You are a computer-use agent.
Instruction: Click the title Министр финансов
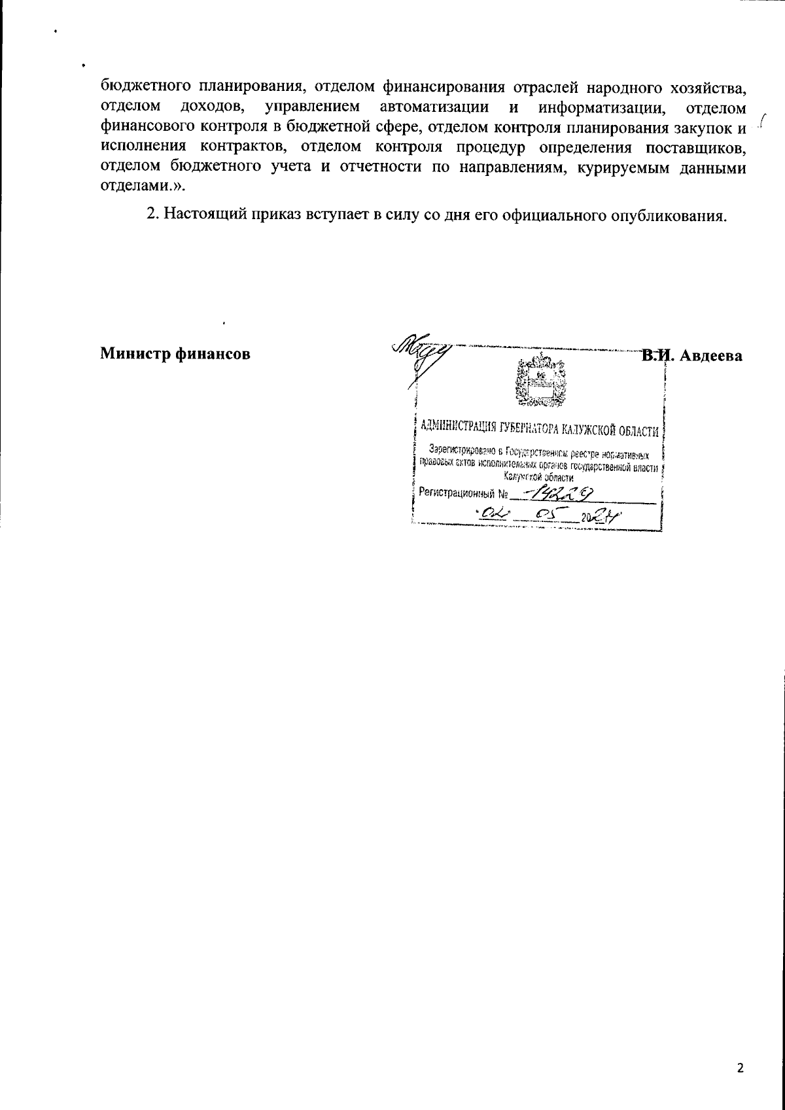point(175,355)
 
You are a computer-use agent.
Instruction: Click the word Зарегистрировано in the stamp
point(462,450)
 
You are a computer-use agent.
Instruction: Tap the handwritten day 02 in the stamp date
point(492,516)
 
